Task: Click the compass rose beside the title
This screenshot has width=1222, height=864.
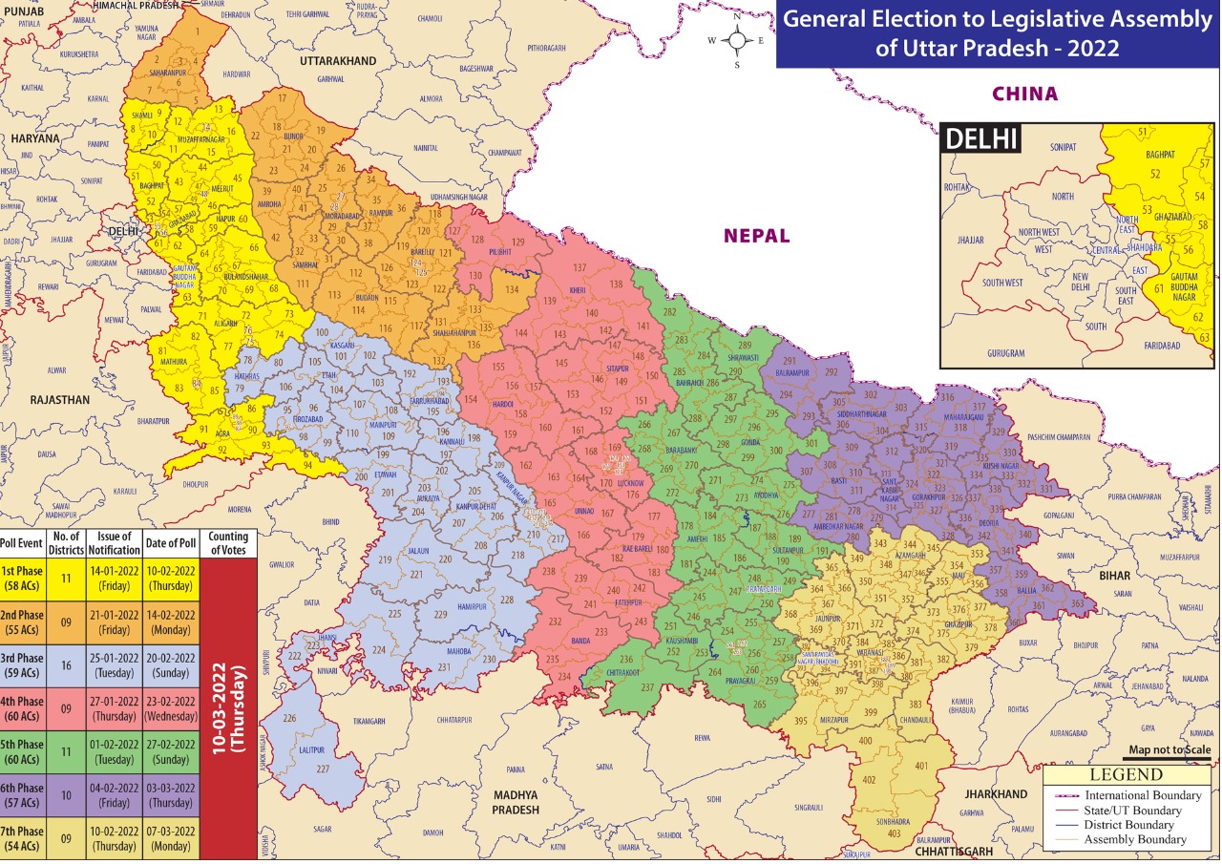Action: pyautogui.click(x=737, y=41)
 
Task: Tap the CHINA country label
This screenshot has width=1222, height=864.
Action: pyautogui.click(x=1025, y=94)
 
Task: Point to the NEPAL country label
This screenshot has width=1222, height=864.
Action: pyautogui.click(x=756, y=236)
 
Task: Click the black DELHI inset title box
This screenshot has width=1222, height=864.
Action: pyautogui.click(x=982, y=138)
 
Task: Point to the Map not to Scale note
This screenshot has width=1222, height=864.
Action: pyautogui.click(x=1169, y=750)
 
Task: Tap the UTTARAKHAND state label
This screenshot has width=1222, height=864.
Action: pyautogui.click(x=338, y=61)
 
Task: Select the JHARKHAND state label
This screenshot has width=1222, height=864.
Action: pyautogui.click(x=996, y=793)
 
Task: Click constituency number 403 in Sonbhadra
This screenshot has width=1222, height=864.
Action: pyautogui.click(x=894, y=833)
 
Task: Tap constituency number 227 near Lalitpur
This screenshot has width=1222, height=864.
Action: pyautogui.click(x=323, y=769)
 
